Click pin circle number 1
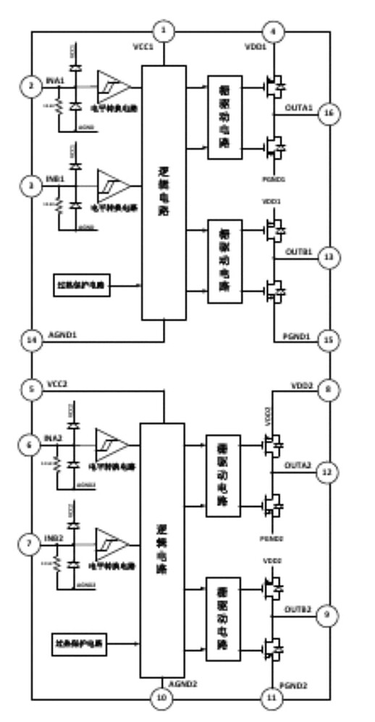click(164, 31)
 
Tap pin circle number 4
click(273, 31)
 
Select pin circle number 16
click(329, 114)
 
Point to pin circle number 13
click(329, 258)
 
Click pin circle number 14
click(31, 342)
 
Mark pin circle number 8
click(329, 391)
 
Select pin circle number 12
click(329, 472)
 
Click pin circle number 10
click(163, 698)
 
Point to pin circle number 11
click(273, 698)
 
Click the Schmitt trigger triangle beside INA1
click(114, 87)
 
